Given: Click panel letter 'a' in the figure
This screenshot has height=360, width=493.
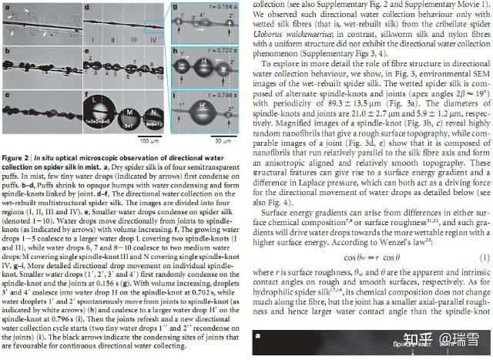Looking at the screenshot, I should click(x=6, y=6).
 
